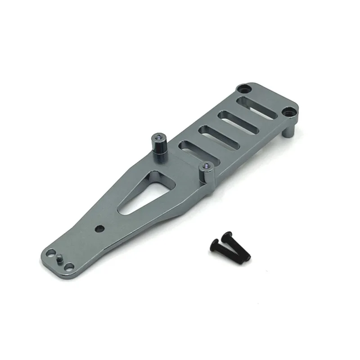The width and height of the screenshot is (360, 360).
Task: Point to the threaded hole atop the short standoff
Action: (x=207, y=165)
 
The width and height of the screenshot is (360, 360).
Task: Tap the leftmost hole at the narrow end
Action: (x=52, y=253)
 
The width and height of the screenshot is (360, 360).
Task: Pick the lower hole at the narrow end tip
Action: (x=68, y=267)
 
